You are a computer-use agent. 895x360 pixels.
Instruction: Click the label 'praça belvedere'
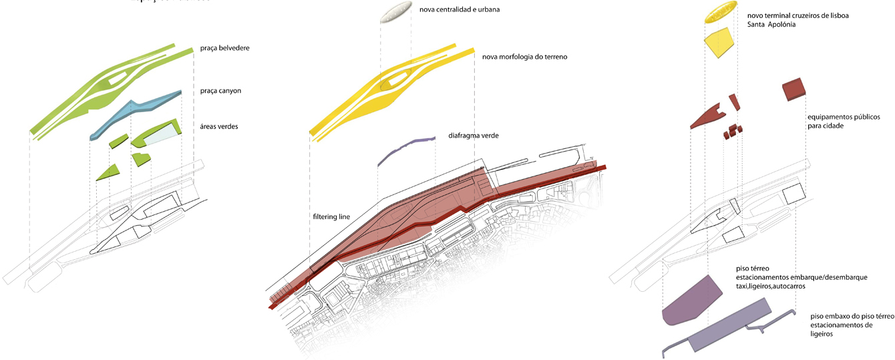pyautogui.click(x=224, y=49)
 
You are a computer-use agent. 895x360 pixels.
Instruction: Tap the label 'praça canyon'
pyautogui.click(x=220, y=90)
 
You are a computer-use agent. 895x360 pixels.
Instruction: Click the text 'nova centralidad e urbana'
pyautogui.click(x=460, y=10)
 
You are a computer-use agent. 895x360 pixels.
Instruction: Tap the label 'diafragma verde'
pyautogui.click(x=474, y=136)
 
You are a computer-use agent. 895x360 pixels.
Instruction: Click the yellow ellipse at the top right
pyautogui.click(x=721, y=13)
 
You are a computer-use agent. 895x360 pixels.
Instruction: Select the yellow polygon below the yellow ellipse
pyautogui.click(x=719, y=44)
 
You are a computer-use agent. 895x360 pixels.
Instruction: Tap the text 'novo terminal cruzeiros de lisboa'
pyautogui.click(x=798, y=15)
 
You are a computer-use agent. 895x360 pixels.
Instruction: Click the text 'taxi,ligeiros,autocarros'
pyautogui.click(x=770, y=286)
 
